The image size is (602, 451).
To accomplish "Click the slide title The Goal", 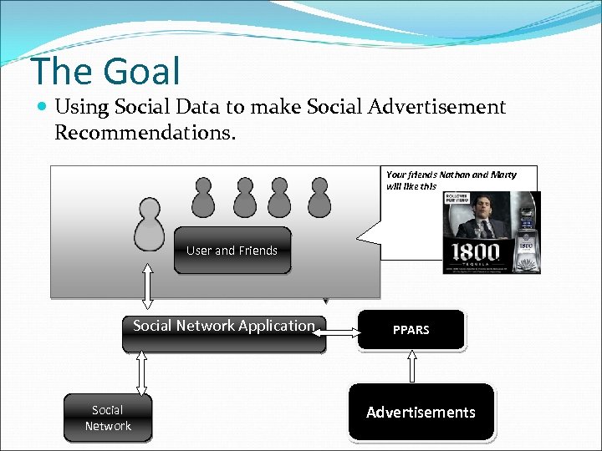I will click(x=105, y=71).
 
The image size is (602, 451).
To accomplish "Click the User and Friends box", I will click(x=232, y=251).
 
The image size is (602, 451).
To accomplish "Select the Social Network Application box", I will click(x=224, y=327).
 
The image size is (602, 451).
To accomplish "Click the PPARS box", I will click(x=411, y=330).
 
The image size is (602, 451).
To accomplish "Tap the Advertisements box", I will click(x=421, y=412).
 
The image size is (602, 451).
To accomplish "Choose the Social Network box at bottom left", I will click(x=108, y=418).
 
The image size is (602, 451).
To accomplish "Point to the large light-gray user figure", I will click(x=150, y=223).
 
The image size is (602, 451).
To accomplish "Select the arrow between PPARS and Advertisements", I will click(x=411, y=366).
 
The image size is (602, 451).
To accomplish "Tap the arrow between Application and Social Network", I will click(x=141, y=372).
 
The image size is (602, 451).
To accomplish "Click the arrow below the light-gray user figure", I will click(x=149, y=286).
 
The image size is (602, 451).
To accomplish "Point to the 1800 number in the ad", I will click(x=476, y=251).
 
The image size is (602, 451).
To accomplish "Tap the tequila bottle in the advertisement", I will click(x=527, y=225).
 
